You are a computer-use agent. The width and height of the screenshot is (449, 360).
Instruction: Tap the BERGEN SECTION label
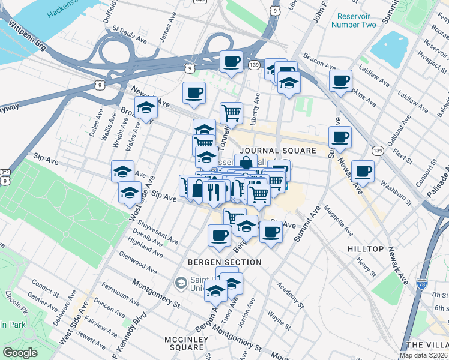pos(224,262)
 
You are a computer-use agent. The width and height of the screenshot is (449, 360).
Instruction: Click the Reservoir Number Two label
pos(357,20)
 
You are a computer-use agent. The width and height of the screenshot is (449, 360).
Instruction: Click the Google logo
pos(20,353)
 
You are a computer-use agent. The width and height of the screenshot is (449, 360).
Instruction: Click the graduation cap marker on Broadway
pos(146,107)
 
